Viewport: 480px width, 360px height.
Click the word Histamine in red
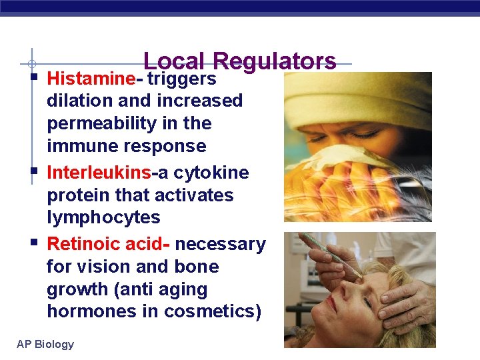coord(91,79)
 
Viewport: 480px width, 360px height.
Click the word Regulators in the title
coord(275,61)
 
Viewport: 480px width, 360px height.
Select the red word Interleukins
coord(99,173)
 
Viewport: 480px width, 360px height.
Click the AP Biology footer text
coord(45,344)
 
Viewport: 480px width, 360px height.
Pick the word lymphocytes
coord(103,217)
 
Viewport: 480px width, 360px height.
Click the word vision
coord(104,267)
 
